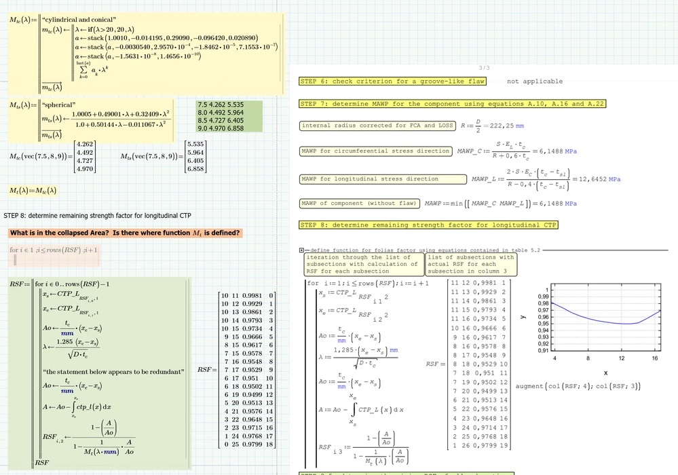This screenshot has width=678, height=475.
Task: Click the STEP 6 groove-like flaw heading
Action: [x=392, y=81]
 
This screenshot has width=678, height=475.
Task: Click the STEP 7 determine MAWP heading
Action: [x=452, y=104]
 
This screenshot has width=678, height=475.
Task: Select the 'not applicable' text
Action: [x=534, y=81]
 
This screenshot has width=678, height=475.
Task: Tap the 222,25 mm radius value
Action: [x=503, y=126]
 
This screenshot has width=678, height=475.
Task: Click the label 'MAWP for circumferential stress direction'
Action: [x=376, y=151]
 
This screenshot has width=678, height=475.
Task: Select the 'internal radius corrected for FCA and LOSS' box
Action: [x=377, y=126]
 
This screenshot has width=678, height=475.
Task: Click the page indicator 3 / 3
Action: [x=484, y=68]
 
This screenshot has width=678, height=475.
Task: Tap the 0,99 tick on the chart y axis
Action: [x=543, y=297]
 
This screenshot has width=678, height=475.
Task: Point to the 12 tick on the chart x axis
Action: [x=621, y=358]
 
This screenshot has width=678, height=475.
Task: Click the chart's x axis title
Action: [x=605, y=373]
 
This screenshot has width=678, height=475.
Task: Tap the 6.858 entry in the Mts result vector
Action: [x=195, y=169]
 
